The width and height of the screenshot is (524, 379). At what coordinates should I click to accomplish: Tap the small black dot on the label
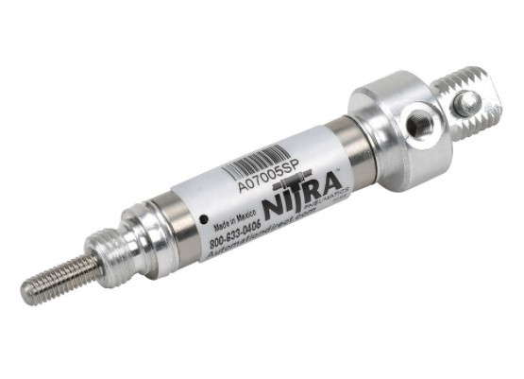(x=205, y=219)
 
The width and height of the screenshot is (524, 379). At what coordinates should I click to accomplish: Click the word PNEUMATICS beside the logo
(x=332, y=194)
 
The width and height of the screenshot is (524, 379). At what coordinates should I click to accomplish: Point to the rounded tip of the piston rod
(x=25, y=294)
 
